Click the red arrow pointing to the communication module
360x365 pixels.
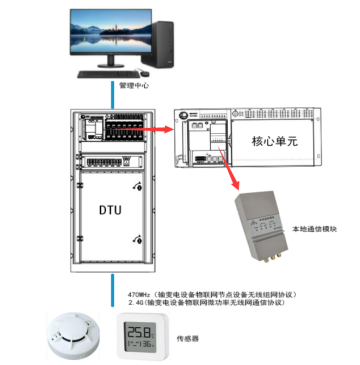click(x=231, y=160)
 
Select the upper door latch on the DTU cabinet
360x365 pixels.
click(x=139, y=187)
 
